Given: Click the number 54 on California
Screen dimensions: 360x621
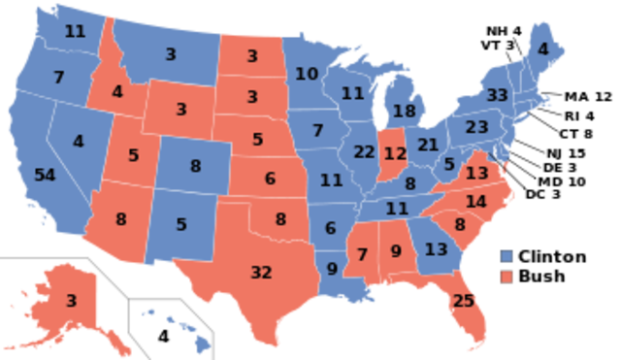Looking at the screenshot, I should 45,176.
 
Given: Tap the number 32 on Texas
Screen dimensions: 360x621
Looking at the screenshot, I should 261,273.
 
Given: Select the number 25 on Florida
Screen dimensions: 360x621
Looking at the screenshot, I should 464,302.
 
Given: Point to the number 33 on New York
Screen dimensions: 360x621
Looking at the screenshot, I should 498,95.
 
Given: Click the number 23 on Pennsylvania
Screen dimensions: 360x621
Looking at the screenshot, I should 476,127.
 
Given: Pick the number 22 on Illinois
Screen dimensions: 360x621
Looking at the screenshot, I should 365,151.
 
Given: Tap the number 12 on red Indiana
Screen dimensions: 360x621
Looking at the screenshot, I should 395,153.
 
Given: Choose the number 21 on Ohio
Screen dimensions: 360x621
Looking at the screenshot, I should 429,145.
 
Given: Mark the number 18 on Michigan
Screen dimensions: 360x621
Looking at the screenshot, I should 405,111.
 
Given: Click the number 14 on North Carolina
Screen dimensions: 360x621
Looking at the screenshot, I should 475,202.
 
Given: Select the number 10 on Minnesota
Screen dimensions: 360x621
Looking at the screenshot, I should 307,74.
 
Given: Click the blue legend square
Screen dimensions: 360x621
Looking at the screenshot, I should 507,256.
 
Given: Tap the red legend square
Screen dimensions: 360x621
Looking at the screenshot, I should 507,278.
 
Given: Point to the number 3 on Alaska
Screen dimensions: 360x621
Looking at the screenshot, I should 71,301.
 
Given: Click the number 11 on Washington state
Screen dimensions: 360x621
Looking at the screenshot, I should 75,31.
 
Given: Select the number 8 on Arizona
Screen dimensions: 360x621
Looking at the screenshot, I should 121,219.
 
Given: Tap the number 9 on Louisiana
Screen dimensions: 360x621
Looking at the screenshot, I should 332,269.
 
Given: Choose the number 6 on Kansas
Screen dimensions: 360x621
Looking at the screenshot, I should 270,179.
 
